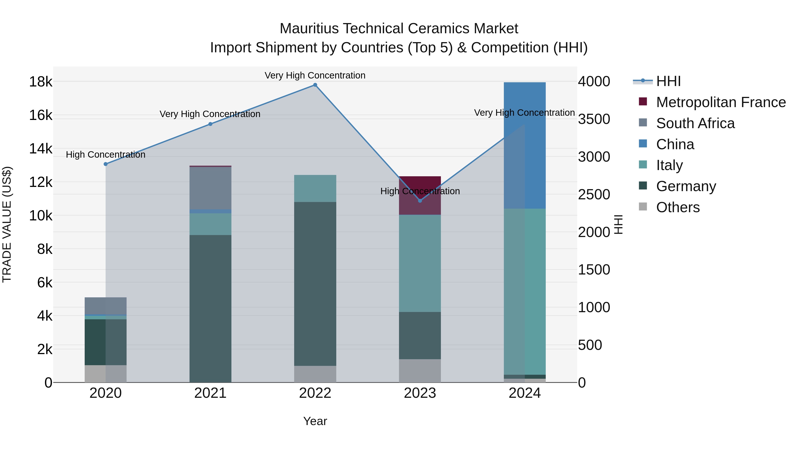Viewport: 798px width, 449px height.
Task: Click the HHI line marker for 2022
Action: (315, 85)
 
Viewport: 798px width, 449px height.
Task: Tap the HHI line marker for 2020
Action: (106, 164)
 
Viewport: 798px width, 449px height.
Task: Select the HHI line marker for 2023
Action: (420, 201)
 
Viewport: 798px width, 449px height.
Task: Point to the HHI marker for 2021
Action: (210, 124)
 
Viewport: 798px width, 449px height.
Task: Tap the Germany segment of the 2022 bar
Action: (315, 284)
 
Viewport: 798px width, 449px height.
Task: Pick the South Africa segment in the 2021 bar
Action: (210, 188)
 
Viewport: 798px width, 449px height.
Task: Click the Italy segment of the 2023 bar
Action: (420, 263)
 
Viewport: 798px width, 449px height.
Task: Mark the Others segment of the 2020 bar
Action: (106, 373)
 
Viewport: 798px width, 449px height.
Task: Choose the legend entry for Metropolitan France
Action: (721, 102)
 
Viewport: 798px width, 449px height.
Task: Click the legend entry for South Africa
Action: (695, 123)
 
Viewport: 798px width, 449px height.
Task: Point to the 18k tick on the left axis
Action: (41, 82)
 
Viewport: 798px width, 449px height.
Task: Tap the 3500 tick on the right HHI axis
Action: (594, 119)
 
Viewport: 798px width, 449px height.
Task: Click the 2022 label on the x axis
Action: (315, 393)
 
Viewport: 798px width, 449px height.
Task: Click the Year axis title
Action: (315, 421)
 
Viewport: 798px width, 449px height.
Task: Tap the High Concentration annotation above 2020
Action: (106, 155)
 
